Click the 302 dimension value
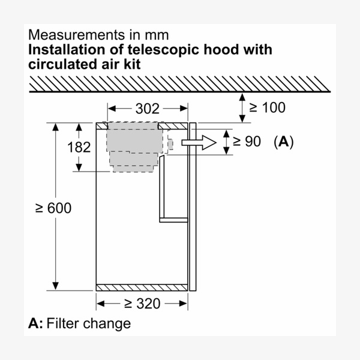(148, 109)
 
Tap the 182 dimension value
(79, 147)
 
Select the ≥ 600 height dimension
(53, 208)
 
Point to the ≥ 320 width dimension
(142, 304)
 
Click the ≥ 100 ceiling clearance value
(267, 107)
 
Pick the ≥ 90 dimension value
(247, 141)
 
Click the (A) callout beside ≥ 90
(284, 142)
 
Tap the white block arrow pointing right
(199, 143)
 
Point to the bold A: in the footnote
(35, 323)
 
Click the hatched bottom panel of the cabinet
(142, 287)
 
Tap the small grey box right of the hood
(170, 144)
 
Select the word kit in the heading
(132, 64)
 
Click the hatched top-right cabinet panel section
(173, 126)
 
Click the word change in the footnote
(107, 324)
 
